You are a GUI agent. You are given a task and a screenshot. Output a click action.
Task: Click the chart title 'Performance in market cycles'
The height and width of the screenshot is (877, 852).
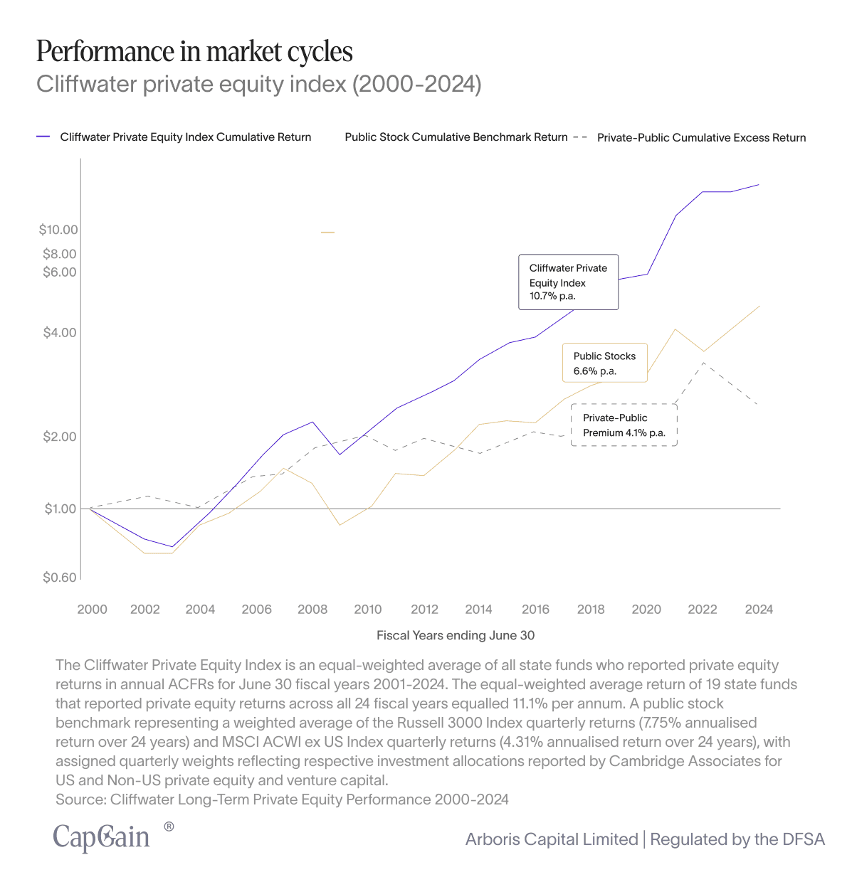[x=194, y=52]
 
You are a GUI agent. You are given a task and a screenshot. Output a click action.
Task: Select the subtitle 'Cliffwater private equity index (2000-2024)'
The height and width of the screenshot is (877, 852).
[x=259, y=84]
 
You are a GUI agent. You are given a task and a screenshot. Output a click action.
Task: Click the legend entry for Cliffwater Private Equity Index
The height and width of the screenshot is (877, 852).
[x=185, y=137]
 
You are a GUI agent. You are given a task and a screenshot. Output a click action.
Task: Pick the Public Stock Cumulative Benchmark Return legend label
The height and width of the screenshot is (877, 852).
[x=456, y=137]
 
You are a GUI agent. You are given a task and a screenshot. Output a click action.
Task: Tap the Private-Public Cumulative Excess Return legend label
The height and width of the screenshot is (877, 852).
[x=701, y=138]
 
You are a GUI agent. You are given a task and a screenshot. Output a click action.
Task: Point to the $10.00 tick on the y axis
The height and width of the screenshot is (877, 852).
[x=58, y=230]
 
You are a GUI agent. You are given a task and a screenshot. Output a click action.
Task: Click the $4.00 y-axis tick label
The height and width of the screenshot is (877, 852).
[x=60, y=333]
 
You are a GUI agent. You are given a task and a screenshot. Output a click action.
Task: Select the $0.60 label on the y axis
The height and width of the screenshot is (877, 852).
[x=60, y=578]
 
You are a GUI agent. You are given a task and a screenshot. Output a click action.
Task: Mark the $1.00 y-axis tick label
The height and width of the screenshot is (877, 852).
[x=60, y=509]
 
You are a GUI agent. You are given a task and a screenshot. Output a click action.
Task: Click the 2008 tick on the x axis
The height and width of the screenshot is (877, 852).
[x=312, y=610]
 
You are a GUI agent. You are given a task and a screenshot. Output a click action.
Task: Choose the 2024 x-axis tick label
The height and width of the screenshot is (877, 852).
[x=759, y=610]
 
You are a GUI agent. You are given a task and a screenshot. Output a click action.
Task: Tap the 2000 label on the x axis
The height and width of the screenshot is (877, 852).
[x=92, y=610]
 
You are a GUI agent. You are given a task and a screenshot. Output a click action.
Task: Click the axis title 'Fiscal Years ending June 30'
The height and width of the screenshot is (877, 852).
[x=456, y=635]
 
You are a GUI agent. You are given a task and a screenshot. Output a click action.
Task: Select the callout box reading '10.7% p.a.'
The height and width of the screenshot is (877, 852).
[x=568, y=282]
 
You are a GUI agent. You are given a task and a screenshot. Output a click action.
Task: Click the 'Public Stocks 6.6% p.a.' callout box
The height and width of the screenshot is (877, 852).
[x=605, y=363]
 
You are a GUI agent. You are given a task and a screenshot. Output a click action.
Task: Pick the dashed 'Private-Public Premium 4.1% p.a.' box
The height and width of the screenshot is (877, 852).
[x=624, y=425]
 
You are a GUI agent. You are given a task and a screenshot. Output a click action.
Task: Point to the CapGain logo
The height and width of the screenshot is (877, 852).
[x=102, y=837]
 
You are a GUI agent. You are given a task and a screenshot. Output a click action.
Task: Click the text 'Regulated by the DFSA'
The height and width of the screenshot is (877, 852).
[x=737, y=839]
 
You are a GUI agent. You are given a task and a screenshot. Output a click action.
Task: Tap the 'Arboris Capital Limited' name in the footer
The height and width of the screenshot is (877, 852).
[x=552, y=839]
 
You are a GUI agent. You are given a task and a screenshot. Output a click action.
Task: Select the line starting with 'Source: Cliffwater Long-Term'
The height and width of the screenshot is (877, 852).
[x=282, y=799]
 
